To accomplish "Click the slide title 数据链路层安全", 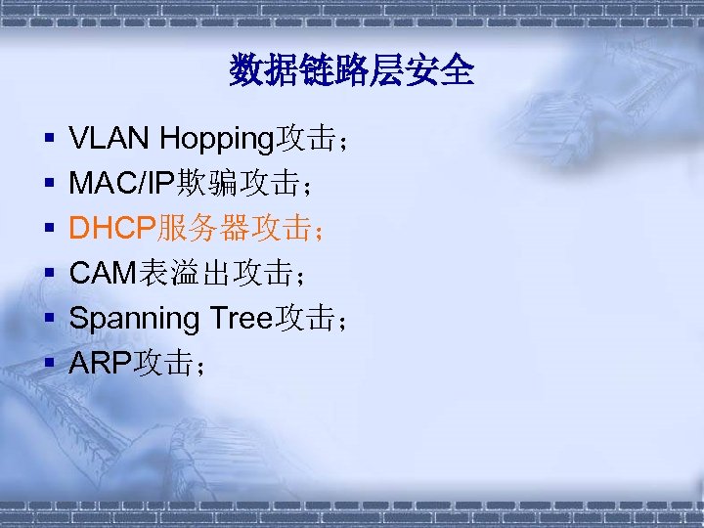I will [352, 70].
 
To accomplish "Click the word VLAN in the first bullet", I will [110, 139].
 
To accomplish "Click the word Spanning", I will [134, 318].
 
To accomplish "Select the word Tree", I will [241, 318].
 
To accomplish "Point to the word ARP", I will [102, 363].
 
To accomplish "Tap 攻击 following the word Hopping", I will [305, 139].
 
